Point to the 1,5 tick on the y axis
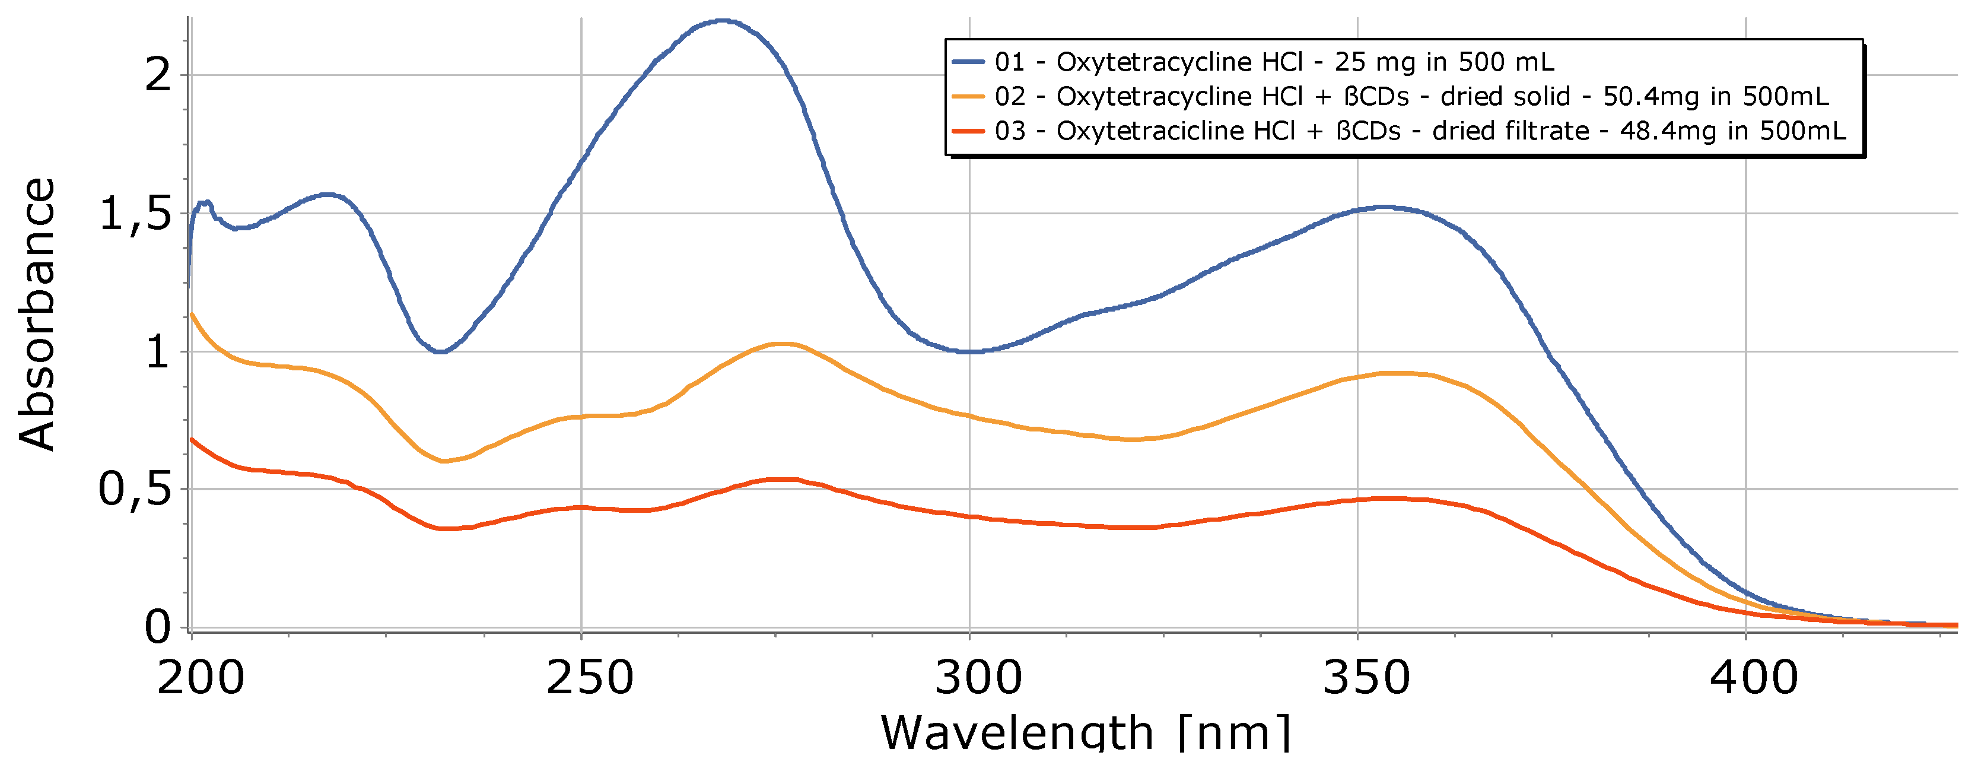point(135,214)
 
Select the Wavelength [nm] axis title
point(1086,734)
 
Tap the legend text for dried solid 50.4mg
point(1411,97)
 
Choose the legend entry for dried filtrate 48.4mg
point(1419,131)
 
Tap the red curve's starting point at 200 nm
point(192,439)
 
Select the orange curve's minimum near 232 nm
point(443,461)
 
